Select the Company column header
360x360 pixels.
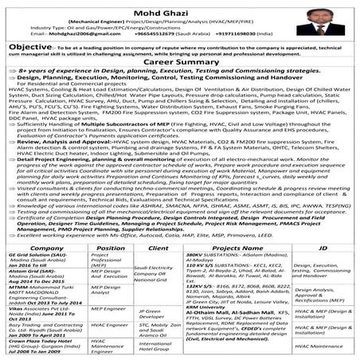[x=34, y=248]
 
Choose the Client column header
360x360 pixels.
[x=156, y=248]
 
